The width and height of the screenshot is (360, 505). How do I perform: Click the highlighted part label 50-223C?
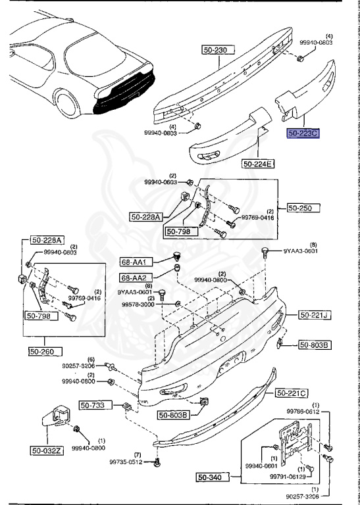(x=303, y=133)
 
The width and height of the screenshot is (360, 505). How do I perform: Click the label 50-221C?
(x=291, y=393)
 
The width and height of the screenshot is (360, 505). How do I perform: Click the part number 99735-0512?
(x=126, y=462)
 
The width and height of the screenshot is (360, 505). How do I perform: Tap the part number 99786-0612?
(x=322, y=412)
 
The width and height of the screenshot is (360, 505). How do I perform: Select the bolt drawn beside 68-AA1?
(x=176, y=256)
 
